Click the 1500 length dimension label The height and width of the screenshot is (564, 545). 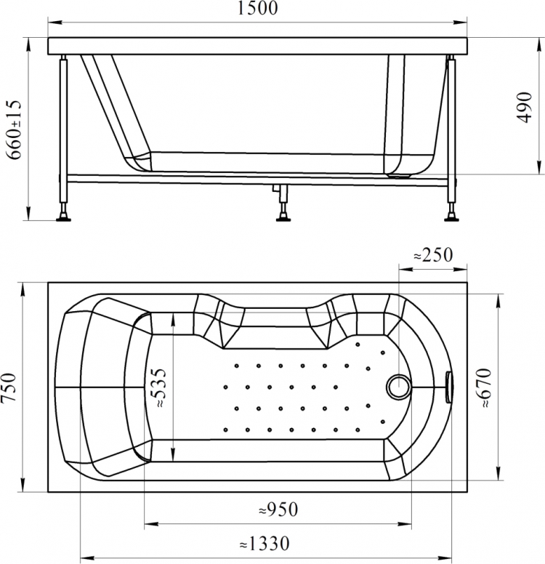point(257,8)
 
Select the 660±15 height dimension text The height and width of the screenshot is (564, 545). point(15,129)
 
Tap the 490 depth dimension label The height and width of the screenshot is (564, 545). point(525,108)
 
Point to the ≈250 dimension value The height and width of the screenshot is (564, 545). point(433,255)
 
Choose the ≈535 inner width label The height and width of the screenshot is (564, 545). point(158,388)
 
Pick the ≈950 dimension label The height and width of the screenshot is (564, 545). point(278,509)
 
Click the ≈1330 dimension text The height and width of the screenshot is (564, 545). point(265,544)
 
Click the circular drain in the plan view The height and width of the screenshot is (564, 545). point(398,387)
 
